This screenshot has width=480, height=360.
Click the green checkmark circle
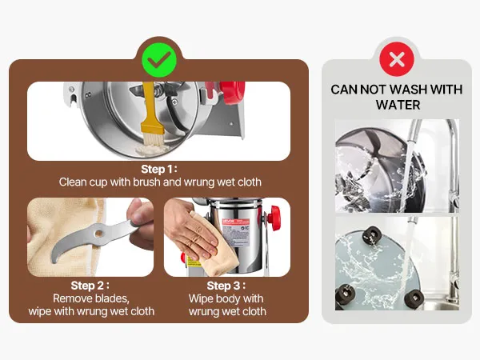tap(159, 60)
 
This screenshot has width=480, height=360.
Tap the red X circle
tap(397, 59)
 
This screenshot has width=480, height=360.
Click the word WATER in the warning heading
tap(398, 105)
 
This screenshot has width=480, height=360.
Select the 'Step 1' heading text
tap(159, 169)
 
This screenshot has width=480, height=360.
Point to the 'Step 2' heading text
tap(90, 286)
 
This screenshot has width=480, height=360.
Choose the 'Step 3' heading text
tap(226, 286)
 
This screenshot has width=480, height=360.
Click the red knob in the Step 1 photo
tap(233, 91)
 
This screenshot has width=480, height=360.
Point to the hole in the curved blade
tap(98, 234)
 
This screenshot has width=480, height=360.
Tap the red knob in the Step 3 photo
tap(274, 215)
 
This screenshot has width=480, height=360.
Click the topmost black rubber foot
tap(372, 235)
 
